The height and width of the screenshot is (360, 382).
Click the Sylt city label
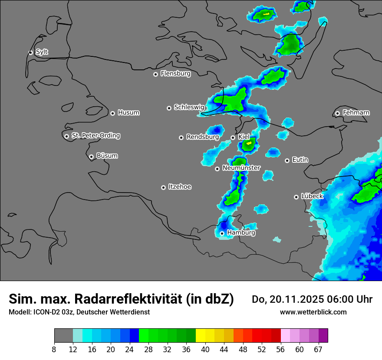tap(42, 52)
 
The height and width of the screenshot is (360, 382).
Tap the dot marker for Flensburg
tap(155, 74)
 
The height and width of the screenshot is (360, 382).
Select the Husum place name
tap(128, 113)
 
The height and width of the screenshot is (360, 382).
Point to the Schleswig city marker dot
tap(169, 108)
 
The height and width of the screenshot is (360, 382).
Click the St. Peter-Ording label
tap(95, 136)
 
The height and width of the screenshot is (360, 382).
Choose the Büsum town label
tap(107, 156)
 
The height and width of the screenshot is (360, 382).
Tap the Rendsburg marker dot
tap(181, 137)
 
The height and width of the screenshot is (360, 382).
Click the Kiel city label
tap(244, 137)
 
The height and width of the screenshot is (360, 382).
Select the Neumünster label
tap(241, 168)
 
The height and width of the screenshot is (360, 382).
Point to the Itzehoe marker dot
tap(163, 187)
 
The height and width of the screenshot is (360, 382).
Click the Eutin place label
tap(300, 160)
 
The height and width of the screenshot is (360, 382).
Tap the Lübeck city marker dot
tap(296, 197)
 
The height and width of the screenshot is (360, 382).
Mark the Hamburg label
tap(241, 233)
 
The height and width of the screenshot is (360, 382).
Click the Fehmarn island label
tap(356, 113)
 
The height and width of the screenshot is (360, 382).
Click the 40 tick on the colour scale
tap(205, 349)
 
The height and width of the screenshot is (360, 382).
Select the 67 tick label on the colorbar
tap(318, 349)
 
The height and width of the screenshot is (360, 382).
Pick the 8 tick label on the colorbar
tap(54, 349)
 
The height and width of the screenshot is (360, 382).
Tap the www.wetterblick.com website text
tap(313, 312)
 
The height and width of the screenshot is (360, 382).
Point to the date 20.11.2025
tap(299, 299)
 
